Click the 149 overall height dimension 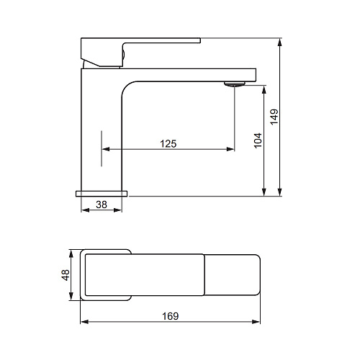click(x=274, y=117)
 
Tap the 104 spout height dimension click(x=258, y=140)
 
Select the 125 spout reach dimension click(x=168, y=144)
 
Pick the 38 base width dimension click(x=102, y=204)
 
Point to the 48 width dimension click(x=66, y=275)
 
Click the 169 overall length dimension click(x=171, y=316)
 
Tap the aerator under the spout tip click(x=235, y=84)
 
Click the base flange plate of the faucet click(x=102, y=194)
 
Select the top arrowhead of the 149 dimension click(x=279, y=42)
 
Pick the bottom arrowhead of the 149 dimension click(x=279, y=192)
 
